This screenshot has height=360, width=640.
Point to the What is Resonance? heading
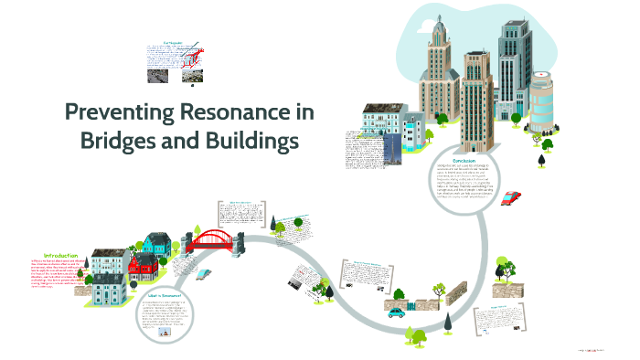tap(164, 295)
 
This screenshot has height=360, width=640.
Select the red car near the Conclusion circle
tap(513, 197)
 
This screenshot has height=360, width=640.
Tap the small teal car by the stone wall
tap(395, 312)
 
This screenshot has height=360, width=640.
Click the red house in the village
tap(143, 264)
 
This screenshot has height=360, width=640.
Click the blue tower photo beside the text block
tap(390, 151)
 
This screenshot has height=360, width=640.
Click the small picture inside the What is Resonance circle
tap(166, 332)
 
